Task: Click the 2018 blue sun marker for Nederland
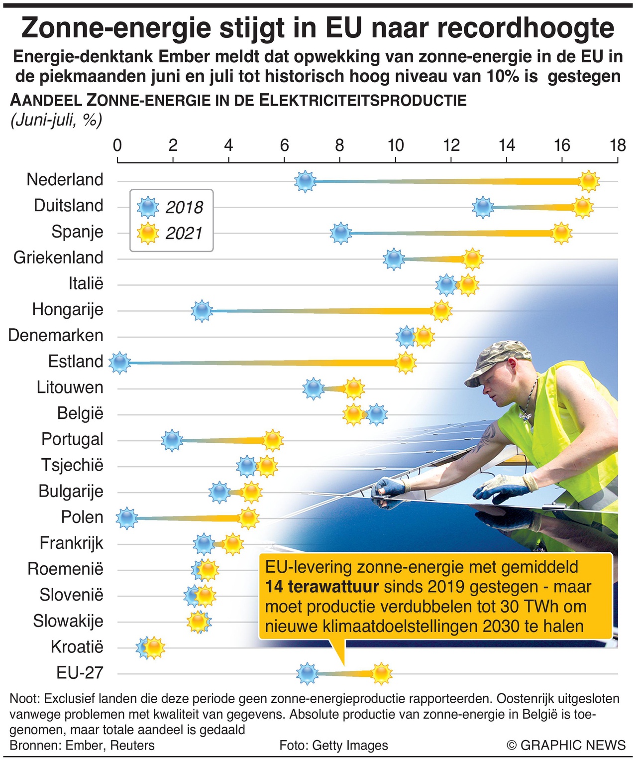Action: tap(305, 181)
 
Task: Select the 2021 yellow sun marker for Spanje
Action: tap(561, 233)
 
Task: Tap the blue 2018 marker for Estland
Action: tap(119, 363)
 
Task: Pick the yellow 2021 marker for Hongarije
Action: tap(441, 311)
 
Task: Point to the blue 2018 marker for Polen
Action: tap(127, 518)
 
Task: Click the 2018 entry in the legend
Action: tap(171, 207)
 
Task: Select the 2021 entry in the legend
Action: tap(171, 233)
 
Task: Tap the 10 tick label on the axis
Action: tap(396, 145)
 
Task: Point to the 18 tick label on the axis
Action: tap(618, 145)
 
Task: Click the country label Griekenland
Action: tap(58, 257)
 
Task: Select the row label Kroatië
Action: tap(77, 647)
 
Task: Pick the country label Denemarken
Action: tap(56, 335)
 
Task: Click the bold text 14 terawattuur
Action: tap(321, 587)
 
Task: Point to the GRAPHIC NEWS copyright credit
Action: tap(566, 745)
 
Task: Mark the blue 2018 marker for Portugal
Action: tap(172, 440)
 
